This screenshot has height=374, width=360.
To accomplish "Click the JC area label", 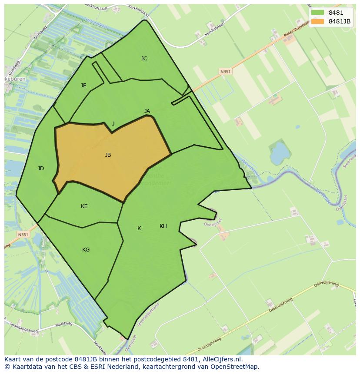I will click(x=144, y=59).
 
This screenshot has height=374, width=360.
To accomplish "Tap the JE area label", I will click(x=83, y=86).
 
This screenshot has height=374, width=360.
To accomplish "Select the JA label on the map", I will click(x=147, y=111).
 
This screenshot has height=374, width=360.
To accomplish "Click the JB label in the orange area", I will click(x=108, y=155).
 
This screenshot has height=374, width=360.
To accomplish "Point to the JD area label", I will click(x=40, y=169).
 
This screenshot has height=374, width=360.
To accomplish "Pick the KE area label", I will click(x=84, y=206).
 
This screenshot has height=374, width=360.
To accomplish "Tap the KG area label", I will click(x=86, y=250).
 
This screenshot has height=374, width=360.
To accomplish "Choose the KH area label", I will click(x=163, y=226).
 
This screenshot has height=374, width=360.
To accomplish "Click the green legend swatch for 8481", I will click(x=318, y=13).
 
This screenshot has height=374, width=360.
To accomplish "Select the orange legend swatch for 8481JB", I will click(x=318, y=21).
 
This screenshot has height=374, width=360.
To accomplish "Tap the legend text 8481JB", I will click(x=340, y=21).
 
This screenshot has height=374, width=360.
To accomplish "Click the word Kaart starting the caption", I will click(x=13, y=360).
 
